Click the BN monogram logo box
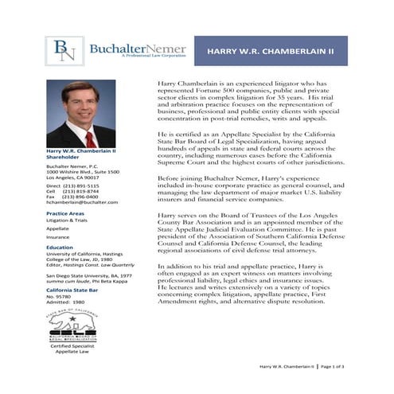tap(63, 51)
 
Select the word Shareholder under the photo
tap(64, 157)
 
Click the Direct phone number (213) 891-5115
tap(82, 185)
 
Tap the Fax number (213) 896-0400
tap(82, 196)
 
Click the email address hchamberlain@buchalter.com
tap(81, 202)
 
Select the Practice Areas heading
tap(68, 214)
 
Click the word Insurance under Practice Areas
tap(57, 236)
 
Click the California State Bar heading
tap(79, 291)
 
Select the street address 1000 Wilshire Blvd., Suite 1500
tap(83, 171)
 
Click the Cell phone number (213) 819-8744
tap(82, 190)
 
